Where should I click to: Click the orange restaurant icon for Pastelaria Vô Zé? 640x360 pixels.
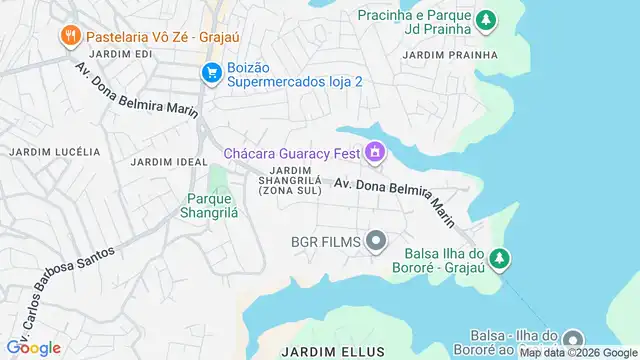70,37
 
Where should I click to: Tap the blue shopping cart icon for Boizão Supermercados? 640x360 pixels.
211,73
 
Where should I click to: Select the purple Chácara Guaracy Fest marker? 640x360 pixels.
375,152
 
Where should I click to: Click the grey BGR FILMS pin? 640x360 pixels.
376,241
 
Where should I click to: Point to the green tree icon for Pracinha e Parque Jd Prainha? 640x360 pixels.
485,19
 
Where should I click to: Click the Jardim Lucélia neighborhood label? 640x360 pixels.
55,152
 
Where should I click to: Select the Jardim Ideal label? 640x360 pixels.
161,161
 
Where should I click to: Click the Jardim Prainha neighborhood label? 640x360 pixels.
450,54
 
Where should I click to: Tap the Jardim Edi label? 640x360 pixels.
120,53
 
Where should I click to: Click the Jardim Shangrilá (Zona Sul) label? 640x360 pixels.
290,180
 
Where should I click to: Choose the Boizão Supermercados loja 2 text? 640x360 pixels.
295,74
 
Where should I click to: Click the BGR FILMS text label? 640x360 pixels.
325,241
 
